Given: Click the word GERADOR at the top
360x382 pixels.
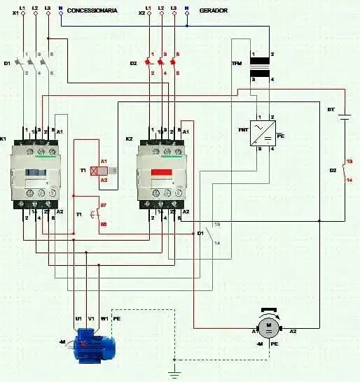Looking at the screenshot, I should pyautogui.click(x=213, y=11).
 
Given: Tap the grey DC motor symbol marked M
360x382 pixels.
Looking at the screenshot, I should pyautogui.click(x=267, y=327).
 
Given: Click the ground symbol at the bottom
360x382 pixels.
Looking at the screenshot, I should pyautogui.click(x=175, y=374).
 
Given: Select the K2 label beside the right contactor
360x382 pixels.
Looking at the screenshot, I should pyautogui.click(x=130, y=139).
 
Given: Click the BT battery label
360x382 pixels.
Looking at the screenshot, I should pyautogui.click(x=331, y=110).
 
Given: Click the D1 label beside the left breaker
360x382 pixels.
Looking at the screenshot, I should pyautogui.click(x=7, y=64).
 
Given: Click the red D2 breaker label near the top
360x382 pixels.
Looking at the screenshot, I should pyautogui.click(x=134, y=64).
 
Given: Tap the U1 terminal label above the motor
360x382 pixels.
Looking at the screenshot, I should pyautogui.click(x=78, y=318).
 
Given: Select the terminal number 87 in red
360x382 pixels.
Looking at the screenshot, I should pyautogui.click(x=103, y=205).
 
